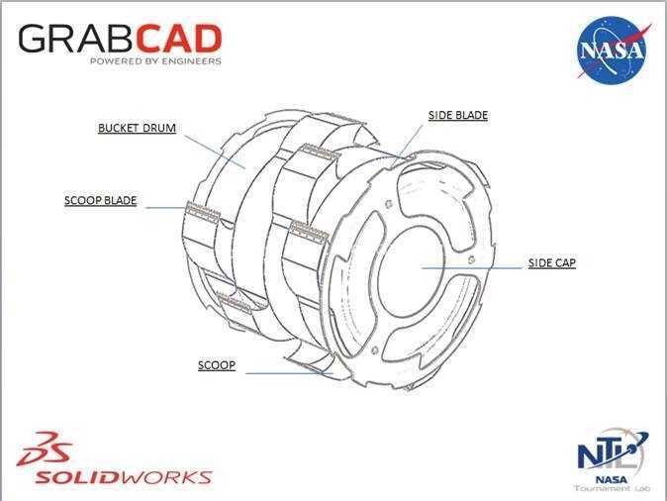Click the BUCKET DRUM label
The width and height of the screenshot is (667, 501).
[137, 128]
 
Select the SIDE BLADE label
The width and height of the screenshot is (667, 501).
[458, 116]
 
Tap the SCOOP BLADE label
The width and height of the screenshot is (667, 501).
[100, 200]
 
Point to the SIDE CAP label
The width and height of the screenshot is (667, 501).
[552, 263]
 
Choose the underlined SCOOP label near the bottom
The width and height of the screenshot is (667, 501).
[217, 365]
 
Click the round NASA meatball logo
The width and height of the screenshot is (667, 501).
[613, 50]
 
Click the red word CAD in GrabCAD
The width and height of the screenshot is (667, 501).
[181, 39]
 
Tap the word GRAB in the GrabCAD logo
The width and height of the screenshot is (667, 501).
[79, 39]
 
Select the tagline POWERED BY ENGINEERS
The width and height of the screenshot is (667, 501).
[155, 60]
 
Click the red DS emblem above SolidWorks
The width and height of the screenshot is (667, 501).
[44, 449]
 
